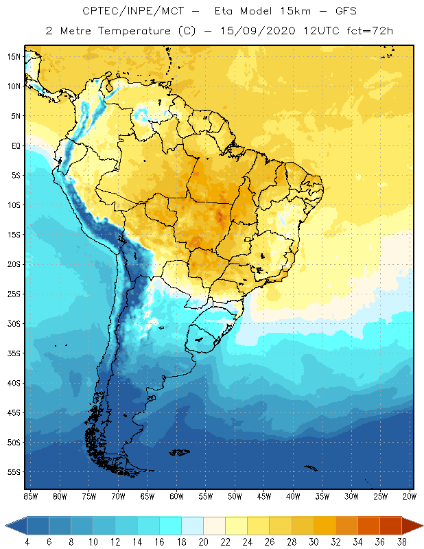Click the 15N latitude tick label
(13, 56)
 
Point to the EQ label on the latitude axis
(15, 145)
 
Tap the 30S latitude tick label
(13, 323)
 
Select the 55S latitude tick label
(13, 472)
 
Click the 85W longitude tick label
(30, 496)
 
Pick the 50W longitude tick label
(235, 496)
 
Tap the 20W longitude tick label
(409, 496)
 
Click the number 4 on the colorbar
(27, 541)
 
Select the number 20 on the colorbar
(203, 541)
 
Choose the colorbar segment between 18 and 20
(192, 526)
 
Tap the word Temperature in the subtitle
(139, 31)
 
